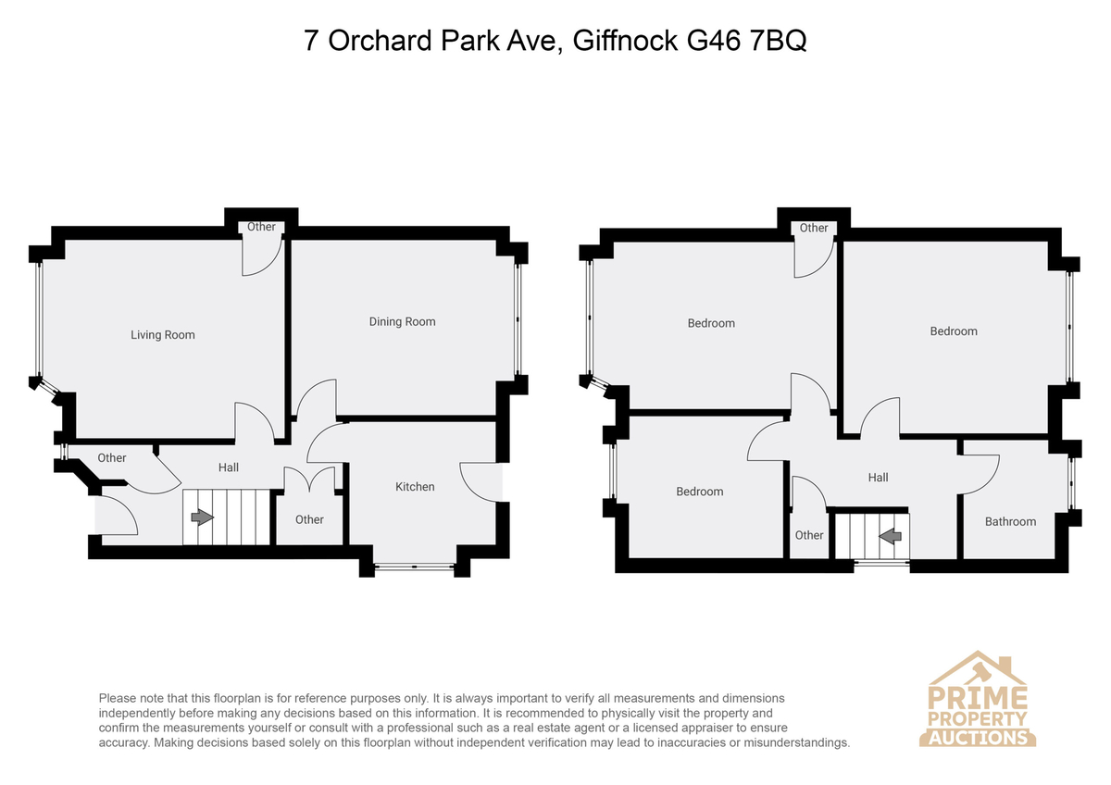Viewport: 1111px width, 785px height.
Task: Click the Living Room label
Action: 163,335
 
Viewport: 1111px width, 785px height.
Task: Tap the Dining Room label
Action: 402,322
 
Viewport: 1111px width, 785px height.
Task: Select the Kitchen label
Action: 415,487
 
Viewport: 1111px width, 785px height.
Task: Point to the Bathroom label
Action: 1010,522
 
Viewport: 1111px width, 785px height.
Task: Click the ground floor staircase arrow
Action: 203,517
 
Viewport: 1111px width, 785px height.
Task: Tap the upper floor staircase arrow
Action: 891,536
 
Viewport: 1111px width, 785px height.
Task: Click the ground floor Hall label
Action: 229,467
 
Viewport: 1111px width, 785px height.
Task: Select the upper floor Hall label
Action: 878,478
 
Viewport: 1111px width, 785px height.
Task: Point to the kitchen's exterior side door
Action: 481,482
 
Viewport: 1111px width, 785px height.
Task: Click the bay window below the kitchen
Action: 414,566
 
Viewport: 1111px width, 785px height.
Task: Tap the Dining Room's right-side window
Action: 518,318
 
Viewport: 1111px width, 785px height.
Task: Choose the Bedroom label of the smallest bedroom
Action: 699,492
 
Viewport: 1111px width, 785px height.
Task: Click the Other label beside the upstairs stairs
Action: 809,535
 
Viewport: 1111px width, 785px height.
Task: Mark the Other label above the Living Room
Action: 261,227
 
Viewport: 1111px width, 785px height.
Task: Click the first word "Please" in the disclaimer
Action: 117,699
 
